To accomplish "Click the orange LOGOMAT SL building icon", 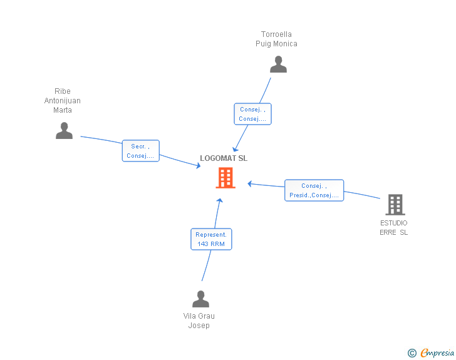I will pyautogui.click(x=225, y=178).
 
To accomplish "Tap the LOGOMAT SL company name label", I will pyautogui.click(x=224, y=158).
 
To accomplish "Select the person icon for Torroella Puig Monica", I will pyautogui.click(x=278, y=64).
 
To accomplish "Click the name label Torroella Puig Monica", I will pyautogui.click(x=276, y=39).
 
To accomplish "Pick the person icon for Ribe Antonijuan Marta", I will pyautogui.click(x=64, y=130).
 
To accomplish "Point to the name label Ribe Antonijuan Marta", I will pyautogui.click(x=63, y=101).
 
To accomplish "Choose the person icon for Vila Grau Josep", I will pyautogui.click(x=200, y=299).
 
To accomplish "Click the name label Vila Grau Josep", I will pyautogui.click(x=199, y=321).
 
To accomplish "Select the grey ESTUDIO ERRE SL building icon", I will pyautogui.click(x=395, y=204).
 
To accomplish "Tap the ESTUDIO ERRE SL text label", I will pyautogui.click(x=393, y=227).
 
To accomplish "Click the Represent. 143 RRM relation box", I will pyautogui.click(x=211, y=239).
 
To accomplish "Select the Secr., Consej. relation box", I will pyautogui.click(x=140, y=151).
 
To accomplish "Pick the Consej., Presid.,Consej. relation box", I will pyautogui.click(x=314, y=190).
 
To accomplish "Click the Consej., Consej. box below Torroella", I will pyautogui.click(x=252, y=114).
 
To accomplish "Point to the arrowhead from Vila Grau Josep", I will pyautogui.click(x=219, y=200).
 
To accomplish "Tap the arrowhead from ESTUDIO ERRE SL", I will pyautogui.click(x=249, y=183).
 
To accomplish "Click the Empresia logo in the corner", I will pyautogui.click(x=437, y=353).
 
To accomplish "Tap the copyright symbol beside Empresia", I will pyautogui.click(x=412, y=353).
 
